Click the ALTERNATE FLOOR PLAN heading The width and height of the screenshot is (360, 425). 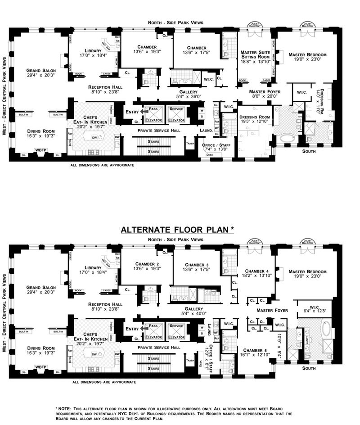point(177,229)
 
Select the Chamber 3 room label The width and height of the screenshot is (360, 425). point(195,265)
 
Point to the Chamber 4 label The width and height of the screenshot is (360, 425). point(255,271)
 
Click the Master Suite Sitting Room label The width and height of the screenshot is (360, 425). point(254,54)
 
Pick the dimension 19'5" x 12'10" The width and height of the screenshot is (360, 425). point(255,121)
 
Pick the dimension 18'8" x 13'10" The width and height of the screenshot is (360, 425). point(254,62)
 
